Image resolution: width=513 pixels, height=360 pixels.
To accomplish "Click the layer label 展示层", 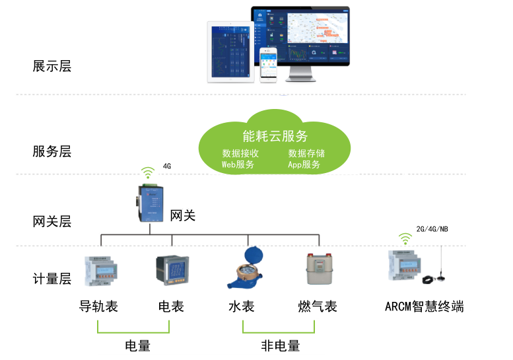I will tap(51, 66).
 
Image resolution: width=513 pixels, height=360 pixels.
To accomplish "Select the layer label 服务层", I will tap(51, 151).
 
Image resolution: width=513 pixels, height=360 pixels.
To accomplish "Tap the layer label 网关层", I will tap(51, 221).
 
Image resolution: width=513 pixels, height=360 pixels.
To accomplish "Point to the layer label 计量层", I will tap(51, 279).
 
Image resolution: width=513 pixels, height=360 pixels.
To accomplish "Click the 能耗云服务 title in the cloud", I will tap(275, 137).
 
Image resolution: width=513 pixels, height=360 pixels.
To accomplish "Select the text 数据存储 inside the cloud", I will tap(306, 153).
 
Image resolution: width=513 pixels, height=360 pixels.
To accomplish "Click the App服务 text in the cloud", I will tap(304, 164).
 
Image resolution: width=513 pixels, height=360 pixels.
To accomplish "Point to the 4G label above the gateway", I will tap(167, 166).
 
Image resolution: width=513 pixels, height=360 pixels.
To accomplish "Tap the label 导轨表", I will tap(98, 306).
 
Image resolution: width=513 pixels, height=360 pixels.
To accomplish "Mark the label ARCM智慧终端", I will tap(425, 306).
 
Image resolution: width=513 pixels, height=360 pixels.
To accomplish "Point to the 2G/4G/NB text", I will tap(432, 229).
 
